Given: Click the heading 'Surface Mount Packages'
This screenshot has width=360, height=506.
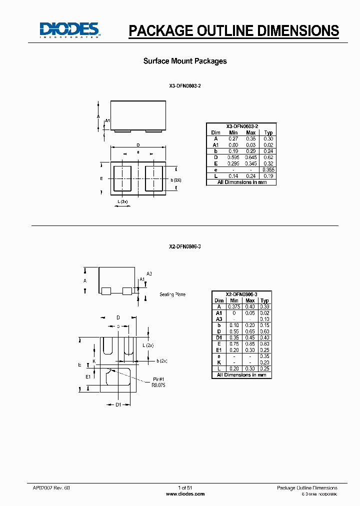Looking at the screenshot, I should (185, 61).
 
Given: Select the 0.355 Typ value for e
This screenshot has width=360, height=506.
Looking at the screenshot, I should (268, 170).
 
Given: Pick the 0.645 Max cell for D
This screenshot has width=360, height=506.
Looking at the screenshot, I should (251, 157).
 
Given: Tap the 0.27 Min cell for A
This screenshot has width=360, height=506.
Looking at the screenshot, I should (233, 138).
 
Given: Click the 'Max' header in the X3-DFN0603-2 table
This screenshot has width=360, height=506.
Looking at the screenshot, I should (251, 132).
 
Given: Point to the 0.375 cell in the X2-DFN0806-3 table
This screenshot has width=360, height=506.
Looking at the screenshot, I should (234, 306).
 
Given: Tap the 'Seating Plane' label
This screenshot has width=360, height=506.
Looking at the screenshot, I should (172, 294).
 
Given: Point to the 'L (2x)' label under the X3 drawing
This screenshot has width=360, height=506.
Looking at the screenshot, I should (122, 201).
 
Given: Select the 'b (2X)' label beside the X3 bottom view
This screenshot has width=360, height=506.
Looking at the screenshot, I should (175, 180).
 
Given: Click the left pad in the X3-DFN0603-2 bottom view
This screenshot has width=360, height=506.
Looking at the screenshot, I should (122, 178).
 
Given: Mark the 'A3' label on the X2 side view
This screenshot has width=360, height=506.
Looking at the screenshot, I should (149, 273).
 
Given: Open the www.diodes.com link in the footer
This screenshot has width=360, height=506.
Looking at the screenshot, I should (185, 493).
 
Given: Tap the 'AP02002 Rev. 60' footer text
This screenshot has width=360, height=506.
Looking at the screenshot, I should (48, 487).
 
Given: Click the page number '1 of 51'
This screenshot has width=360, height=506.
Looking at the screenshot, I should (185, 487).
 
